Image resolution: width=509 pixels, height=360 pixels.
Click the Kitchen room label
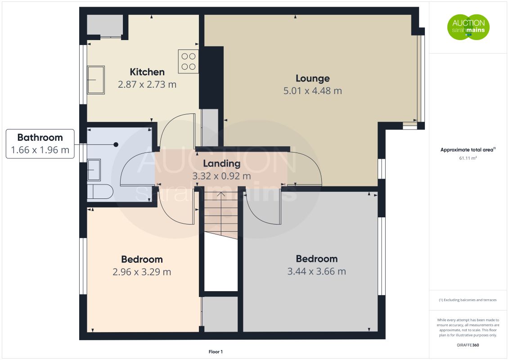point(147,72)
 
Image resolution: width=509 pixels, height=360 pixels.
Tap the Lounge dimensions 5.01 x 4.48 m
point(312,91)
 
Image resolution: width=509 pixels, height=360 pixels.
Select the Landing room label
point(221,164)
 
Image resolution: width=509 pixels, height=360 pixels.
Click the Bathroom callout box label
point(40,138)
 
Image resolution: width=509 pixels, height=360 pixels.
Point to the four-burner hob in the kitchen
point(189,61)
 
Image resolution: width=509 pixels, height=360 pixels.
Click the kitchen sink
point(96,80)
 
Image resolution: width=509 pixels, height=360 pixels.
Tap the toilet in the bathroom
point(99,192)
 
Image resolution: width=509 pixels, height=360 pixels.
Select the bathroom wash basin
point(95,170)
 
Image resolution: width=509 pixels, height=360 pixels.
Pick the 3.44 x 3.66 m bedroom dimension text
point(316,271)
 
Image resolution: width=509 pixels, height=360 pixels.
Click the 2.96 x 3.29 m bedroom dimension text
point(142,272)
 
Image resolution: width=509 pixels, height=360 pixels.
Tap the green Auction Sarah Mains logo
point(468,27)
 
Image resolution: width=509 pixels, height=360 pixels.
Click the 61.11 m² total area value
point(468,158)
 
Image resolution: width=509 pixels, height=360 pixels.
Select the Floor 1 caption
point(216,351)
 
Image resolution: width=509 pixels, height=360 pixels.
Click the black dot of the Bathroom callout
point(116,144)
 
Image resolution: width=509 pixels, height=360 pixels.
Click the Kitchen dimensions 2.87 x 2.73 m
point(147,84)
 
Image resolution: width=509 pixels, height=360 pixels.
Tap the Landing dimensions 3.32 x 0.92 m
point(221,176)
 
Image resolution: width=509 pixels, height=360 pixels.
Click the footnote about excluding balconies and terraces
point(468,300)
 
